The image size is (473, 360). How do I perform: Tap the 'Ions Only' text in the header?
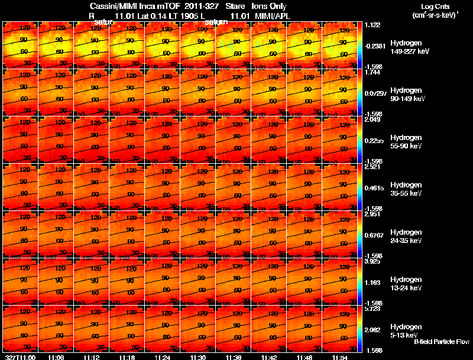[270, 6]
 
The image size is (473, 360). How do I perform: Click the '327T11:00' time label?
[20, 357]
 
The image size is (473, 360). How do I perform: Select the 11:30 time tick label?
[197, 357]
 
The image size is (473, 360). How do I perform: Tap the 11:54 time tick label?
[340, 357]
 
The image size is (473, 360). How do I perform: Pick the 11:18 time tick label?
[127, 357]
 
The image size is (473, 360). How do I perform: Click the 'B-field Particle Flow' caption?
[441, 342]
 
